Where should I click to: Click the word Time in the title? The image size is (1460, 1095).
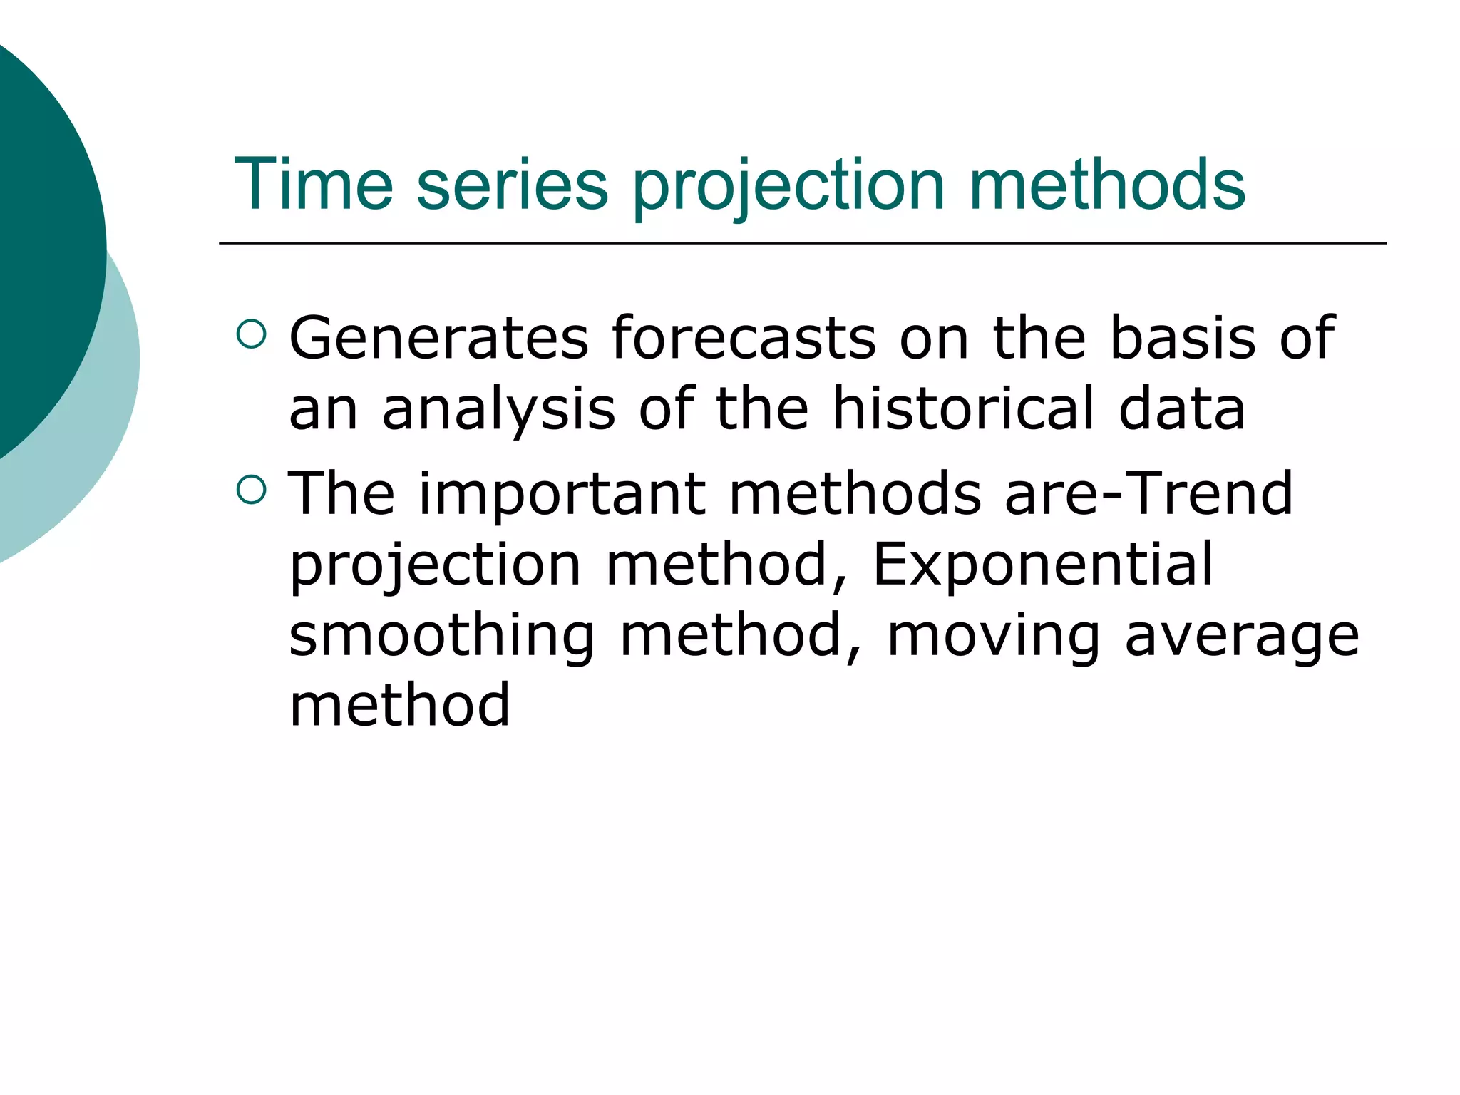coord(314,185)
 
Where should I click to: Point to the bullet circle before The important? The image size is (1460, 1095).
coord(251,490)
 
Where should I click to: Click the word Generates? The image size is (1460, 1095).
coord(438,338)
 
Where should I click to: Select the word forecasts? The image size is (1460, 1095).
coord(744,338)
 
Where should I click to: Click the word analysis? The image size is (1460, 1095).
coord(498,410)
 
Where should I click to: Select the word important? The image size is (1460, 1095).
coord(562,495)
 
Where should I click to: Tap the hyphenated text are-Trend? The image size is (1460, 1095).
coord(1148,493)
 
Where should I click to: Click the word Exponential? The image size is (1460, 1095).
coord(1042,565)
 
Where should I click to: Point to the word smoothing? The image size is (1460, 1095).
coord(441,637)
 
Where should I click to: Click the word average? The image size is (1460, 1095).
coord(1242,637)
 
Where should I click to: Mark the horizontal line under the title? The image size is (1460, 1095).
coord(802,243)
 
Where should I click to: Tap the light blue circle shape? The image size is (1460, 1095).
coord(107,428)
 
